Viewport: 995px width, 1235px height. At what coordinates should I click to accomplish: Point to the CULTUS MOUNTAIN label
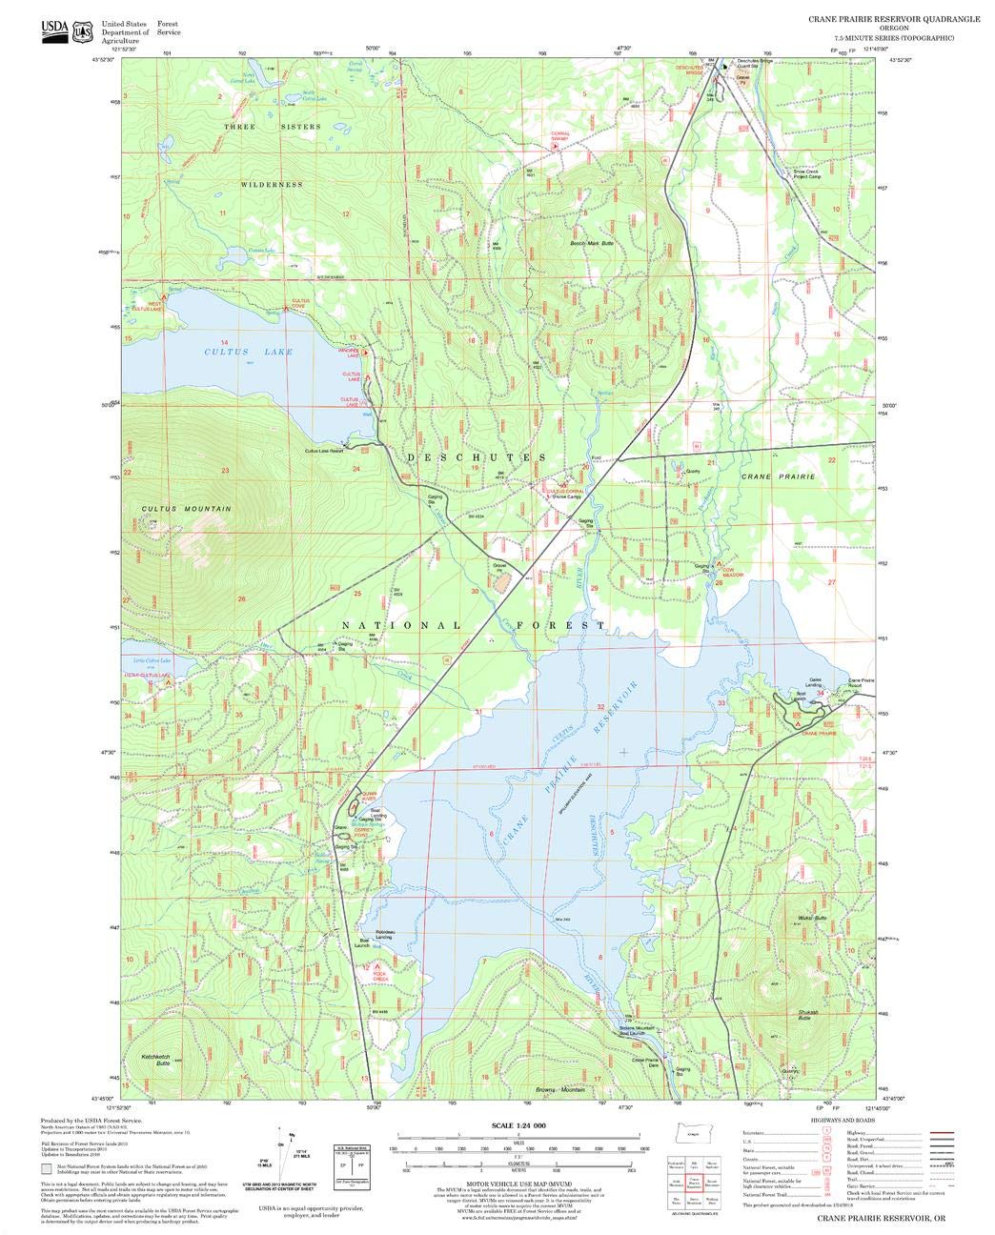tap(187, 509)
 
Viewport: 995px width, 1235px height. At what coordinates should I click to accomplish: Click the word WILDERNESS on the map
tap(272, 184)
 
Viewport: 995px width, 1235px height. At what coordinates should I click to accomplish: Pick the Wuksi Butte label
tap(799, 919)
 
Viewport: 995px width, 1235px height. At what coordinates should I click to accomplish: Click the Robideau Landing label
tap(385, 934)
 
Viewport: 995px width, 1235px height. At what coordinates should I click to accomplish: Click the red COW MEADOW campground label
tap(732, 575)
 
